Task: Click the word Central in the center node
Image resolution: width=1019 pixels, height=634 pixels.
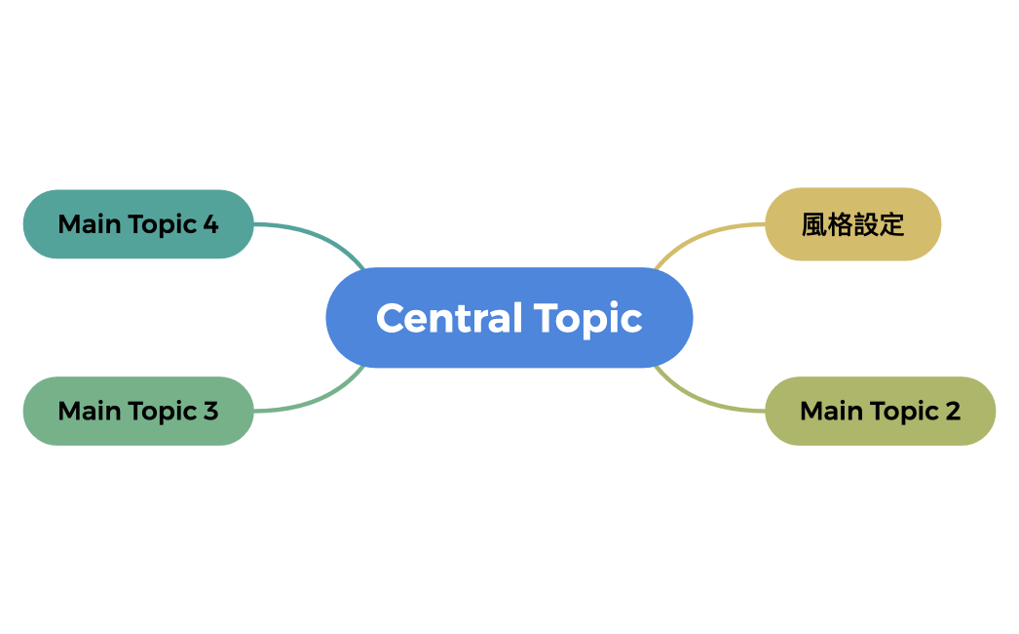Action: click(x=435, y=318)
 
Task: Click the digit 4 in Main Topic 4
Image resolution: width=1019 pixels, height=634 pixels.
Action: click(x=210, y=224)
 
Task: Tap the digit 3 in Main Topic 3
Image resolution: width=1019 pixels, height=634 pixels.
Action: click(x=210, y=411)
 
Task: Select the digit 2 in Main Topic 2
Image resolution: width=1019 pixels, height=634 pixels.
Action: click(x=953, y=411)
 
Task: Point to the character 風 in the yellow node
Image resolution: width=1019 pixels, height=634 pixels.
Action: click(x=814, y=225)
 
